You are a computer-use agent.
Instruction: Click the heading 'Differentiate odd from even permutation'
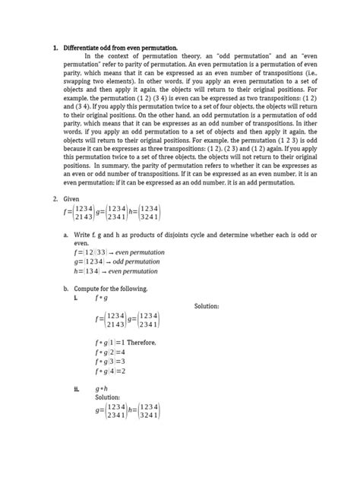point(120,48)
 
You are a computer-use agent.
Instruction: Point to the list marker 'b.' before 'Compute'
point(67,289)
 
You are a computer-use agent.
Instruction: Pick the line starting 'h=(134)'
point(117,271)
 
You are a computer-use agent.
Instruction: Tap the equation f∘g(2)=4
point(109,352)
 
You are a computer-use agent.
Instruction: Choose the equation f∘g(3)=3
point(109,362)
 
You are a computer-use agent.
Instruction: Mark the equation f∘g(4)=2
point(109,371)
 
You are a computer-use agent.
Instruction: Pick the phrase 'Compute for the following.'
point(112,289)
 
